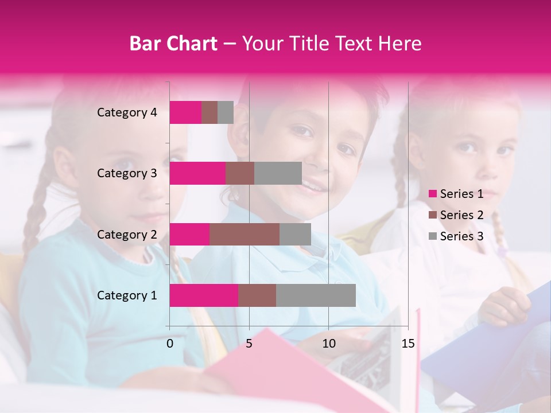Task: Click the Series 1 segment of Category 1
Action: tap(204, 295)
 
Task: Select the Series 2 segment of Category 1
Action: tap(257, 295)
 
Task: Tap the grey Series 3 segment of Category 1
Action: tap(316, 295)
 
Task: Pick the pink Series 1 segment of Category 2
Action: tap(189, 234)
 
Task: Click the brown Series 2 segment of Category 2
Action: tap(245, 234)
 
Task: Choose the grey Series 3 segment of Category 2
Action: tap(295, 234)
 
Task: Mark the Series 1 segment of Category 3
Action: tap(197, 173)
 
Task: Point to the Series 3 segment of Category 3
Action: tap(278, 173)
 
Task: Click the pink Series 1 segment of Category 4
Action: tap(185, 112)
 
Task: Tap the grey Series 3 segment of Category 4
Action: tap(226, 112)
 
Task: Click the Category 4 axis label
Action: tap(127, 112)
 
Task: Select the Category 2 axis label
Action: tap(127, 234)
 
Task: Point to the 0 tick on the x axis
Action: tap(170, 344)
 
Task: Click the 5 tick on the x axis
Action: tap(249, 344)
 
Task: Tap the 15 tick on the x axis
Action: tap(408, 344)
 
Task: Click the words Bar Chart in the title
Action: tap(173, 44)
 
